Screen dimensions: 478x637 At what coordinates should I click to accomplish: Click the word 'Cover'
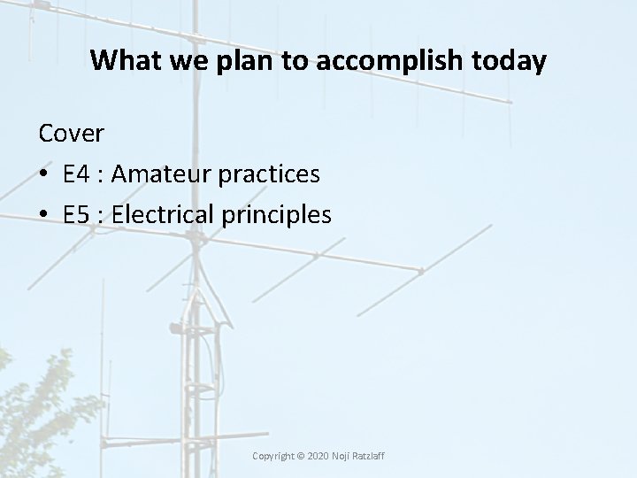click(x=72, y=134)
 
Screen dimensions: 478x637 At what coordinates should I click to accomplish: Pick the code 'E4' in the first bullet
click(x=78, y=174)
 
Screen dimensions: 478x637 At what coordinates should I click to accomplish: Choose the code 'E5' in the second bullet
click(x=78, y=215)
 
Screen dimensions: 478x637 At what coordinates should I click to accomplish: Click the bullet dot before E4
click(x=44, y=175)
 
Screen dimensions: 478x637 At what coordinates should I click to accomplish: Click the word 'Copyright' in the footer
click(x=275, y=455)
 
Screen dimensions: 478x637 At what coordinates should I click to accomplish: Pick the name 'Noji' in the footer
click(x=342, y=455)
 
